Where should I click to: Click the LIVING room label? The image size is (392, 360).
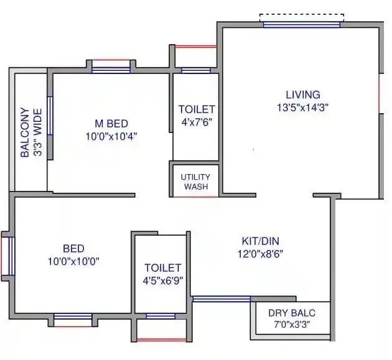coord(302,95)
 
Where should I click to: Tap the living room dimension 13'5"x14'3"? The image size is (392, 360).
coord(302,107)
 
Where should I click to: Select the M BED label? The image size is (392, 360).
coord(111,124)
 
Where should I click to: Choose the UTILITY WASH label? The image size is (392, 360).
coord(195,182)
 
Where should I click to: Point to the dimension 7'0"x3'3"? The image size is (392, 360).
coord(291,324)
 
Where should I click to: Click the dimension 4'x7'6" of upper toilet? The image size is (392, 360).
coord(196,122)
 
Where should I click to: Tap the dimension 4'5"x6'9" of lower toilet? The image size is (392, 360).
coord(162,280)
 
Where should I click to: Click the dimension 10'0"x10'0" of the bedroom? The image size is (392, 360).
coord(73,261)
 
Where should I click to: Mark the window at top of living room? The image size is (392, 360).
coord(302,24)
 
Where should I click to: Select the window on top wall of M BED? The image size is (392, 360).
coord(111,69)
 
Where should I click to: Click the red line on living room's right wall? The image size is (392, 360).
coord(380,93)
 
